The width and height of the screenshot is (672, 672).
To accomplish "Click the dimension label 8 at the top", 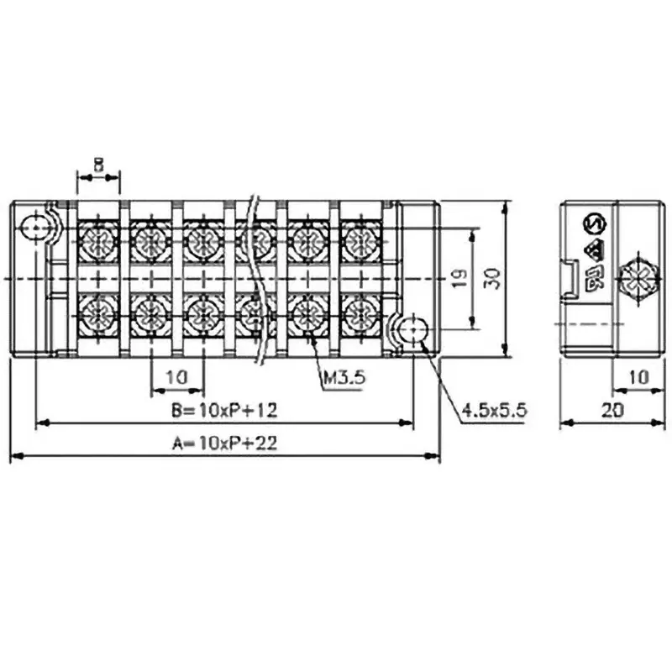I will coord(98,167).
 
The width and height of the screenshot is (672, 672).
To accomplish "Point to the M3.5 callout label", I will coord(344,378).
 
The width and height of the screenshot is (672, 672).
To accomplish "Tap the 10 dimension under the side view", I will coord(638,377).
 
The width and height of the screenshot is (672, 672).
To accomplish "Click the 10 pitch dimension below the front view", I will coord(176,377).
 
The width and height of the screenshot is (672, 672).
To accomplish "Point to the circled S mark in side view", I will coord(594,224).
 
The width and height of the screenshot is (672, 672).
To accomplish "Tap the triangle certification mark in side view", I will coord(594,250).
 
